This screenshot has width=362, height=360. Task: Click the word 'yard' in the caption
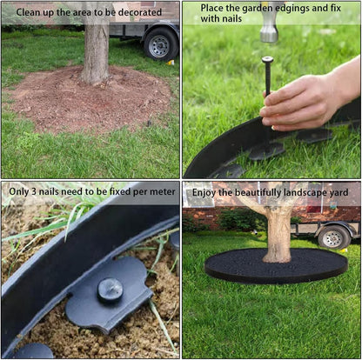click(x=340, y=191)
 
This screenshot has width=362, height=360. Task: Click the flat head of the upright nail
click(x=267, y=59)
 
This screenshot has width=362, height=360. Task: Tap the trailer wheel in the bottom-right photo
click(x=334, y=237)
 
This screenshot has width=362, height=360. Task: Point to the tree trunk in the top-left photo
click(x=96, y=52)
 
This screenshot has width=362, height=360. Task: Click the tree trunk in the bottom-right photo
click(x=278, y=235)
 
